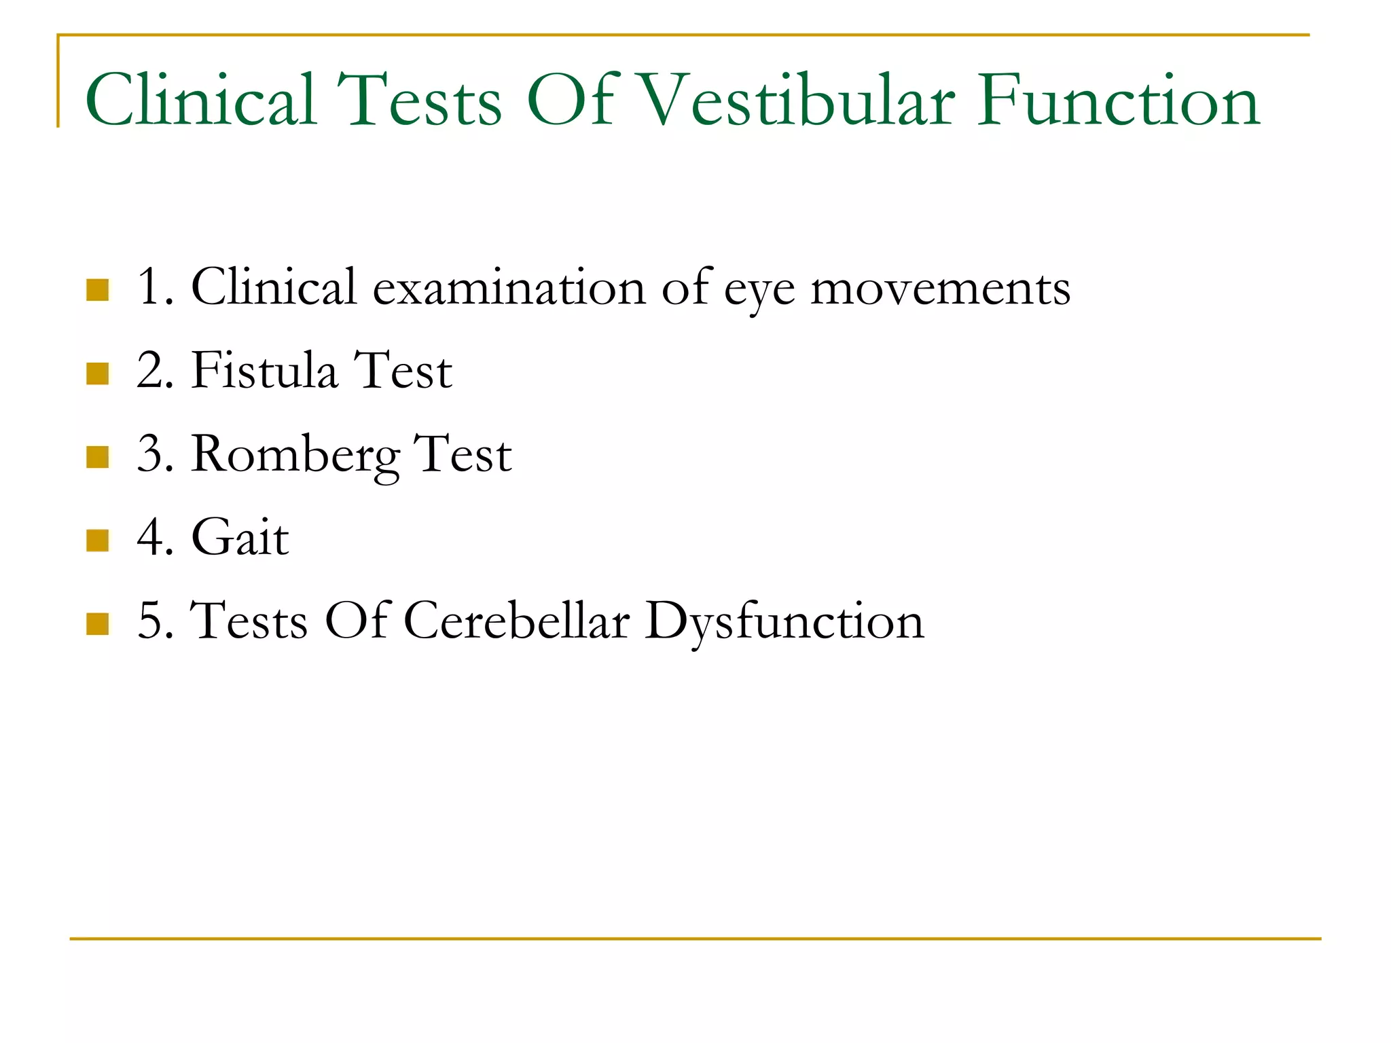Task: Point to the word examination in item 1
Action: (509, 288)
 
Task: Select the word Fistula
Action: (264, 371)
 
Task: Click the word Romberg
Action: (295, 455)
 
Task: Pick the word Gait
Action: (240, 538)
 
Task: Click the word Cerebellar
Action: (517, 621)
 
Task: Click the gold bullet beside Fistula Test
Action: (98, 373)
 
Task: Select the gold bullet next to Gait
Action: (98, 541)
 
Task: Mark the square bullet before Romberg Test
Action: (98, 457)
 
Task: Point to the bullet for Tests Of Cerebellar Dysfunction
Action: (98, 624)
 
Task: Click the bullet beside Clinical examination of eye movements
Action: (98, 290)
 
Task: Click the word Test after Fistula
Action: (403, 371)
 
